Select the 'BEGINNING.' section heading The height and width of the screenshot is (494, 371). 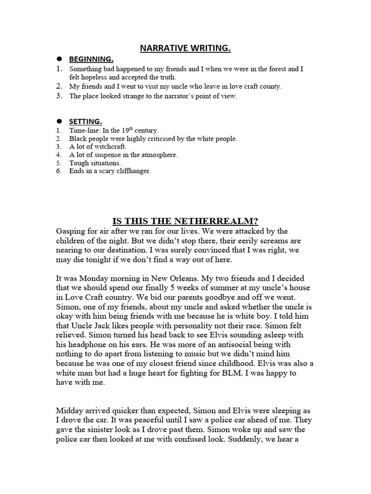pyautogui.click(x=91, y=59)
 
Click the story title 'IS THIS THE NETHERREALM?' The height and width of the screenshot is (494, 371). pyautogui.click(x=185, y=221)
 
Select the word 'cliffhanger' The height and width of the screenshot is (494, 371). pyautogui.click(x=133, y=171)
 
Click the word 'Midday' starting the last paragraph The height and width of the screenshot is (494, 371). pyautogui.click(x=71, y=411)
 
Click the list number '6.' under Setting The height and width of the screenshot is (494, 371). pyautogui.click(x=58, y=171)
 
